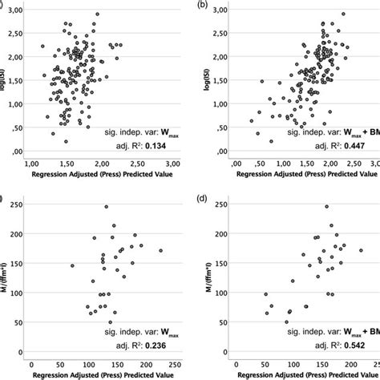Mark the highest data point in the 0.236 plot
[x=106, y=207]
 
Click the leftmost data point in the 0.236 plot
[x=73, y=265]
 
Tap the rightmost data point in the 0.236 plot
[x=160, y=251]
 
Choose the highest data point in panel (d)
[x=325, y=207]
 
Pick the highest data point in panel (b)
[x=344, y=14]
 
